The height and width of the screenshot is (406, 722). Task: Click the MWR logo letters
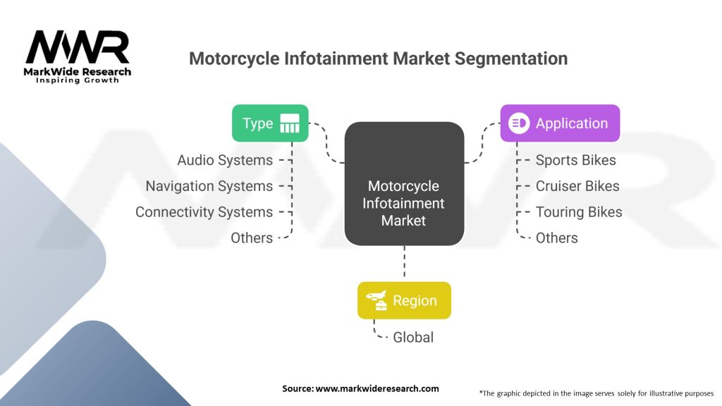[78, 47]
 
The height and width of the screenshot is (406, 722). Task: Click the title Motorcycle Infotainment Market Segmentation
[378, 59]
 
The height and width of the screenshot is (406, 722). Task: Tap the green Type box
[270, 123]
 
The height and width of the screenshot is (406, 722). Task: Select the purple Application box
[560, 123]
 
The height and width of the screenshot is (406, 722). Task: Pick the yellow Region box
[404, 300]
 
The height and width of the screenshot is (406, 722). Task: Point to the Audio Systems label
[225, 160]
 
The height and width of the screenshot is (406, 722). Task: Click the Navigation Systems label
[209, 186]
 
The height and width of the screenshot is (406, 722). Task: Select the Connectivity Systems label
[204, 212]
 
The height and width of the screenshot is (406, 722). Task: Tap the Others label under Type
[252, 238]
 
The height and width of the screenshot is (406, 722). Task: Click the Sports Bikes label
[575, 160]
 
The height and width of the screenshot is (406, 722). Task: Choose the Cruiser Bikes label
[577, 186]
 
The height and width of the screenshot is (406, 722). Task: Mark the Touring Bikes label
[579, 212]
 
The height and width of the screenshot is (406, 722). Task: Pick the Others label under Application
[556, 238]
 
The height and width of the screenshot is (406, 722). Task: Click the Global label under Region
[413, 338]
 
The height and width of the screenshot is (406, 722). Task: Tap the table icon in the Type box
[290, 123]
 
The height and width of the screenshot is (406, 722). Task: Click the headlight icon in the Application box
[519, 123]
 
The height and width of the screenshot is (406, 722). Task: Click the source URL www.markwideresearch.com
[377, 388]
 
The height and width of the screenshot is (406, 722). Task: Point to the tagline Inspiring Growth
[78, 80]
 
